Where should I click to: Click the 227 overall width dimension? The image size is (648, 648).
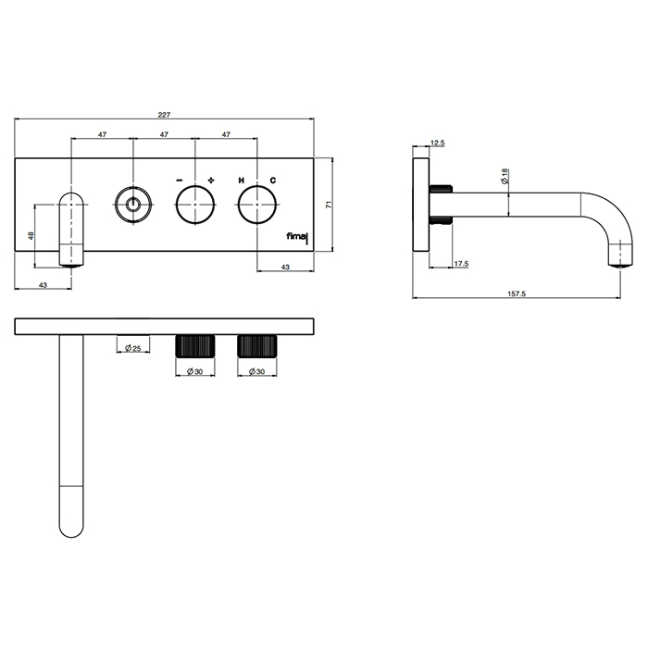point(164,115)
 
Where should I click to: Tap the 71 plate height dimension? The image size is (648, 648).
point(329,205)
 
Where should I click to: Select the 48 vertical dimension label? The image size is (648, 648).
point(31,236)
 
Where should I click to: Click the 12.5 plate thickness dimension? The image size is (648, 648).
point(438,143)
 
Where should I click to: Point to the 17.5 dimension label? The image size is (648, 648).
point(461,264)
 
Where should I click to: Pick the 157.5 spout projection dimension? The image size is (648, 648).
point(517,293)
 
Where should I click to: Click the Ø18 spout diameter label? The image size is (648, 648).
point(505,177)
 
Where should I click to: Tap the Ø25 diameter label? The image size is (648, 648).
point(133,348)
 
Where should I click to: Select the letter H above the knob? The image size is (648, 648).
point(242,181)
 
